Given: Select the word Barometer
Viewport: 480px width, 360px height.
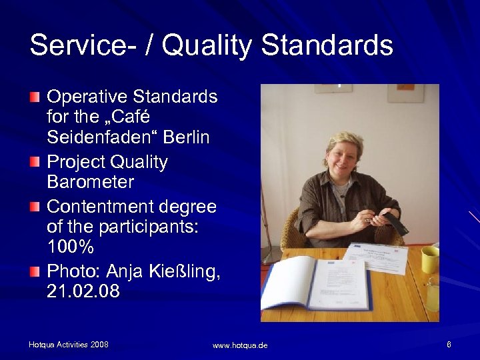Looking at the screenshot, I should tap(90, 181).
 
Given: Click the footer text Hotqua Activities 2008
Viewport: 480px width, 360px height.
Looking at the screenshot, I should tap(69, 344).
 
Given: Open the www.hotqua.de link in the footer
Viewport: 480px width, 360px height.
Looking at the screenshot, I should tap(240, 345).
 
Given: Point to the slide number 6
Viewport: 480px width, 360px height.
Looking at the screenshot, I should tap(449, 344).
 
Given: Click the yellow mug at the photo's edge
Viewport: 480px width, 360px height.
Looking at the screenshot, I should tap(430, 259).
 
